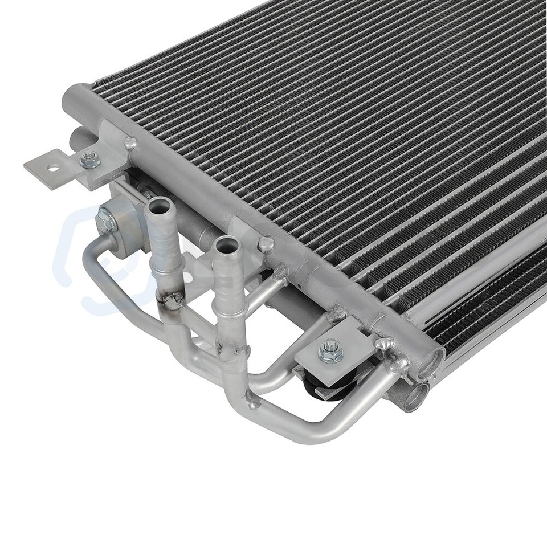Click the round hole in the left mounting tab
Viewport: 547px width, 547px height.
pos(54,168)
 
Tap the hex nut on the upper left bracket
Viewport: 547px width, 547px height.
pos(90,160)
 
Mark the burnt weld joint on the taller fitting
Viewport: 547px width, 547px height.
pos(169,299)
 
